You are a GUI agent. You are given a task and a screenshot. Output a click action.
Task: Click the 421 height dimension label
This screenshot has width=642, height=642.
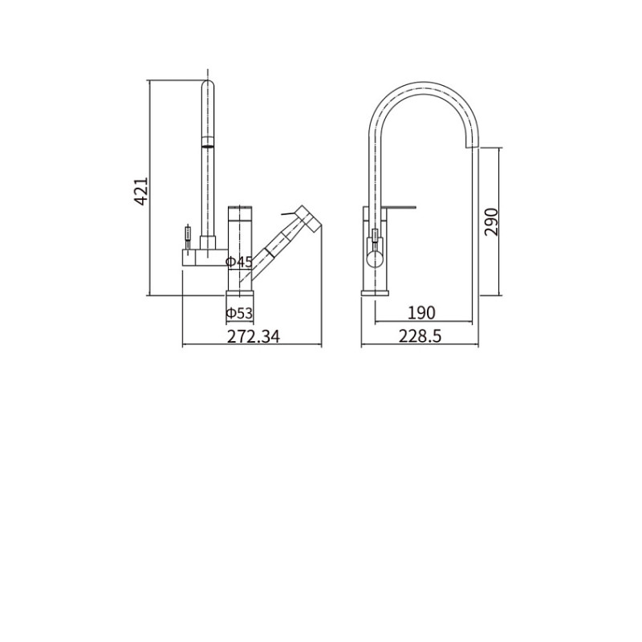141,191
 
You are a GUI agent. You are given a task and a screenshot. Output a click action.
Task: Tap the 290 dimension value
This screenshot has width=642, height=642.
491,222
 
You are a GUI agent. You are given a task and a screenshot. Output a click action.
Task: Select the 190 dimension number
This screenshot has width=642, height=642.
422,313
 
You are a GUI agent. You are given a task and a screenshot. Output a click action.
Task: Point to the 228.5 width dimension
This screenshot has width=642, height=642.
420,336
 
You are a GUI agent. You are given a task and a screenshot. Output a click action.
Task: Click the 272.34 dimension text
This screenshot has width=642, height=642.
254,336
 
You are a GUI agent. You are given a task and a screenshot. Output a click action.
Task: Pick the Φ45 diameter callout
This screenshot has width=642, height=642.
239,262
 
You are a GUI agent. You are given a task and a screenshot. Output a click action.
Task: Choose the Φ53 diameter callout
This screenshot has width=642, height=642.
239,313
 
